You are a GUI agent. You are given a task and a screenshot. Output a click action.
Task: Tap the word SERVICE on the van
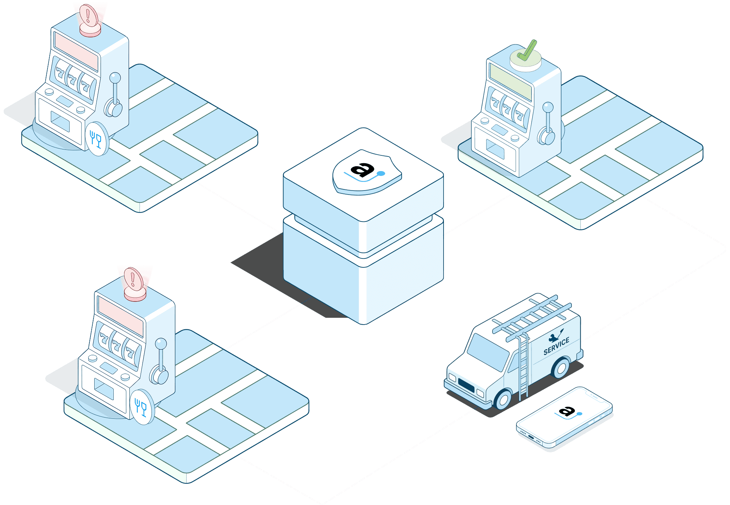(x=556, y=346)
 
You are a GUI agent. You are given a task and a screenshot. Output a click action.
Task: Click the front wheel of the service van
(x=503, y=399)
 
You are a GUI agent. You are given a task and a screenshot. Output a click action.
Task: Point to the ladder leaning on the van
(x=523, y=366)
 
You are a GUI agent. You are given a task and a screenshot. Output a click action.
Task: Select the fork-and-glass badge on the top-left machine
(x=97, y=139)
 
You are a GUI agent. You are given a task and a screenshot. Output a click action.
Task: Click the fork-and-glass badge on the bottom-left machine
(x=142, y=407)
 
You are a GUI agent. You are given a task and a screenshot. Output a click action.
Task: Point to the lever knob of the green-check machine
(x=548, y=107)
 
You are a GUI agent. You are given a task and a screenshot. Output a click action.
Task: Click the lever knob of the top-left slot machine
(x=116, y=78)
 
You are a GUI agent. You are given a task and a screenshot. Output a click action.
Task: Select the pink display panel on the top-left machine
(x=76, y=50)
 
